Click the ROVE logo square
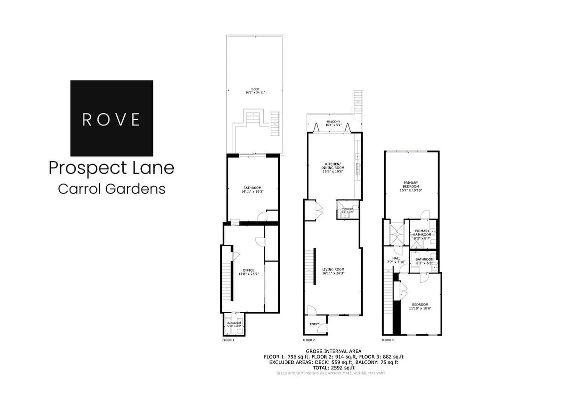111,118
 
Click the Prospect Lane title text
111,168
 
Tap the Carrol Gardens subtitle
111,189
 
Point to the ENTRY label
314,324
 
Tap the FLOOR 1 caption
228,340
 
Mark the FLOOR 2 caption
310,340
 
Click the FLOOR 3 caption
388,340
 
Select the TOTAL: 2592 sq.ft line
333,367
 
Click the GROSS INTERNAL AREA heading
333,351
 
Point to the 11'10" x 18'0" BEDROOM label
420,306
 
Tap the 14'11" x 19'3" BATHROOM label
252,189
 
